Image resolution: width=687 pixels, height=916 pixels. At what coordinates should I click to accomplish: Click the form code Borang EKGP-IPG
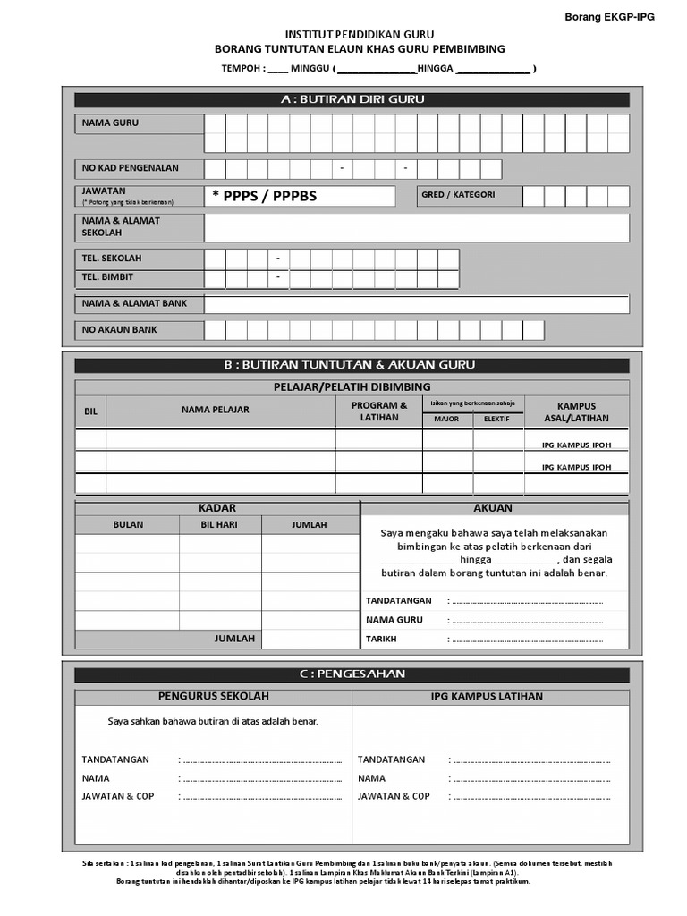coord(610,17)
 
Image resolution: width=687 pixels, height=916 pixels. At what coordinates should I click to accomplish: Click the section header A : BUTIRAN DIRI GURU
coord(352,100)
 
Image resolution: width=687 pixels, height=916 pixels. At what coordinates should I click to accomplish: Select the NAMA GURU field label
coord(110,123)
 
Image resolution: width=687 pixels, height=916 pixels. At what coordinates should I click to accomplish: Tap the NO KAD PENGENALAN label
coord(131,168)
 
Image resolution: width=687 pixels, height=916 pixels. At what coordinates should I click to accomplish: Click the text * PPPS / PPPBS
coord(265,196)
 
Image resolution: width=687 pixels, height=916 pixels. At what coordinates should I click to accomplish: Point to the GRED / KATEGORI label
coord(458,194)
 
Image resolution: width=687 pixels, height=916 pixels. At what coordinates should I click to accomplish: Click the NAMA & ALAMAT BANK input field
coord(416,304)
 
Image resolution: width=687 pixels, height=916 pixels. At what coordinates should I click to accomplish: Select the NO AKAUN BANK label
coord(120,330)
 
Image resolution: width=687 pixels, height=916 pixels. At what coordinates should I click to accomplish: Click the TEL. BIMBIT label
coord(107,277)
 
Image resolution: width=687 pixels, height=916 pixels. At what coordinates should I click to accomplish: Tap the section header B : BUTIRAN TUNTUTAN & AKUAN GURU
coord(352,365)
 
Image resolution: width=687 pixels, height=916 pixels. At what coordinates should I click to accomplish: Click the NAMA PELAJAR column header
coord(216,410)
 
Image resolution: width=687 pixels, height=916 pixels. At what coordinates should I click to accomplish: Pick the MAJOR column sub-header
coord(446,419)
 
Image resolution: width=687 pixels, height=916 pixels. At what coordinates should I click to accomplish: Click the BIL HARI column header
coord(219,525)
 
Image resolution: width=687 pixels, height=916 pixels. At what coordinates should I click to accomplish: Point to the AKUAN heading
coord(493,508)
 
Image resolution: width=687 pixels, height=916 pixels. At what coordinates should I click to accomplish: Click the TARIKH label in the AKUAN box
coord(381,640)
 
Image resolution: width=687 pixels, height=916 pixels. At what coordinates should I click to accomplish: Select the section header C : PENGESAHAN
coord(352,674)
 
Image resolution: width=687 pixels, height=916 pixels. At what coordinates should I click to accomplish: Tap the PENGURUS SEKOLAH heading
coord(213,697)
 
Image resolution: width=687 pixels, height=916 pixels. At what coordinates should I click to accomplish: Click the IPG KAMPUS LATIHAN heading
coord(488,697)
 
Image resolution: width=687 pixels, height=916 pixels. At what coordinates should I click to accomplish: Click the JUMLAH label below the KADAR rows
coord(234,639)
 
